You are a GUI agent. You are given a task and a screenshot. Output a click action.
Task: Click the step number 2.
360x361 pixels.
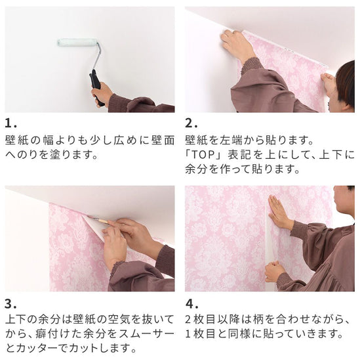tap(191, 124)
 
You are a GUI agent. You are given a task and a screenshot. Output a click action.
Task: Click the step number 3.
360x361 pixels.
tap(10, 304)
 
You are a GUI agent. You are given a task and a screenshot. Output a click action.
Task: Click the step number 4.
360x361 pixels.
tap(191, 304)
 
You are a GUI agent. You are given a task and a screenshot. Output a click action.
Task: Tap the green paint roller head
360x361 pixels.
tap(77, 43)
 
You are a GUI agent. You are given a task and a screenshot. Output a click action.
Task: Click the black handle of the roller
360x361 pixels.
tap(96, 85)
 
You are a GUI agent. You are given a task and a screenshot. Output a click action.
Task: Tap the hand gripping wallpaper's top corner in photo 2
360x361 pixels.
tap(236, 45)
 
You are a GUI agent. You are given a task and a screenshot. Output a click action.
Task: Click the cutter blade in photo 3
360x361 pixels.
tap(98, 219)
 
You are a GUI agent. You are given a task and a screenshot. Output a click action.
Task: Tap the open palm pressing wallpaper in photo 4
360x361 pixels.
tap(279, 212)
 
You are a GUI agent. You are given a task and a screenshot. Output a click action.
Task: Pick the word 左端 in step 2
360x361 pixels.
tap(231, 140)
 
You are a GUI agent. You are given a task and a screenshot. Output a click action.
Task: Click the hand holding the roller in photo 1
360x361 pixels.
tap(102, 95)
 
